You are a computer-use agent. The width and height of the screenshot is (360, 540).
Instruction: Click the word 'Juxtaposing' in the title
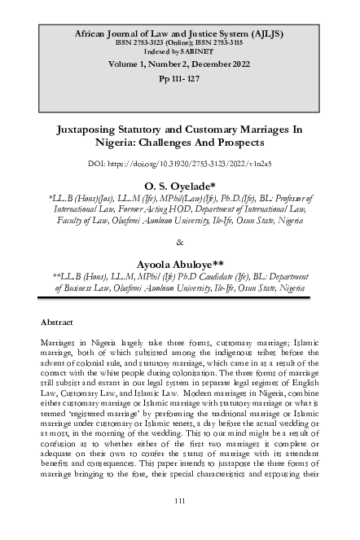(x=89, y=130)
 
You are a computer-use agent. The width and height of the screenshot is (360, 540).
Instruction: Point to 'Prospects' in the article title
(x=239, y=143)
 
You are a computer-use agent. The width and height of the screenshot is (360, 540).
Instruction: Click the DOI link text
(x=180, y=164)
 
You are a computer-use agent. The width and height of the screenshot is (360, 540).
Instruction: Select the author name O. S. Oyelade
(x=180, y=185)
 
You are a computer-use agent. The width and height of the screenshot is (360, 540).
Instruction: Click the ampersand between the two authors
(x=180, y=243)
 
